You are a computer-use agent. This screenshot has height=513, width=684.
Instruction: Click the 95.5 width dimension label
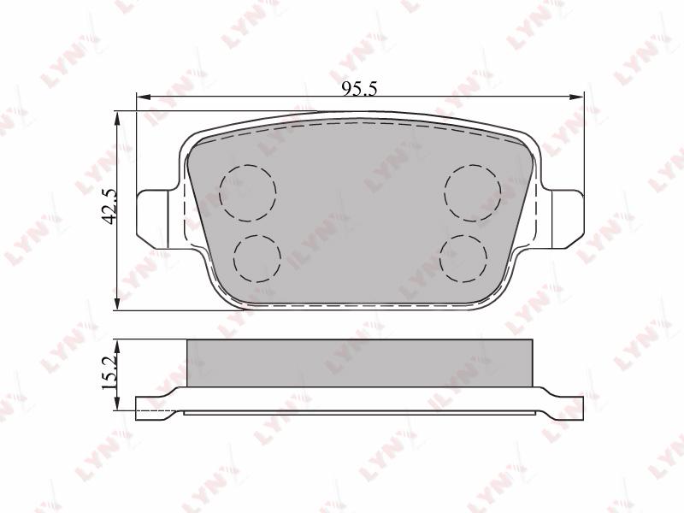click(359, 89)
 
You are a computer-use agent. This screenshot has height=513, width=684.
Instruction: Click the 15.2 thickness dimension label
click(109, 372)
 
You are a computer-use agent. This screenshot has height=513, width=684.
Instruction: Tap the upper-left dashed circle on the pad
click(248, 193)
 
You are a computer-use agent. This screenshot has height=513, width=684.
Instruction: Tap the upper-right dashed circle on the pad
click(473, 193)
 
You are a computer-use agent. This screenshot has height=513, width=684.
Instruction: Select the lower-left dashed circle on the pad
click(257, 259)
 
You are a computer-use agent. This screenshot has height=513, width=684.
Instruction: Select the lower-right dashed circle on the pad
click(463, 259)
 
